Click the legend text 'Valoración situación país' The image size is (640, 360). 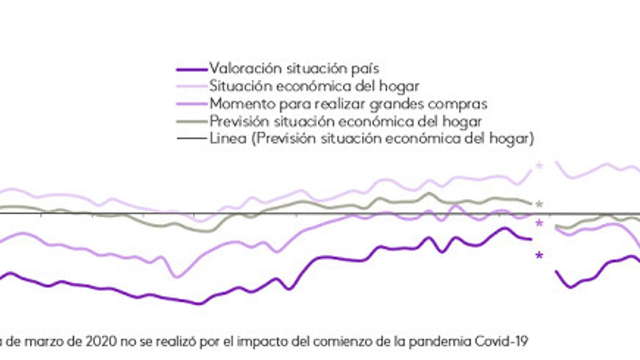point(294,68)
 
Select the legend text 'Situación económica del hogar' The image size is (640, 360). point(314,86)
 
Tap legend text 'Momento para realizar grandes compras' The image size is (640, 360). point(348,104)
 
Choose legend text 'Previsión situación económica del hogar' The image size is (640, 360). point(346,121)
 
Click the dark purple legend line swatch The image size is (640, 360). point(192,69)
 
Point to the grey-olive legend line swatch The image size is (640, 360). point(192,122)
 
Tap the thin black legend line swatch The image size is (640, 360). point(192,139)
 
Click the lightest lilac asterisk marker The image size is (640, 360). point(539,165)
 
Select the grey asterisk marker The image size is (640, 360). point(539,204)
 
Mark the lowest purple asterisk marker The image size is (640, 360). point(539,255)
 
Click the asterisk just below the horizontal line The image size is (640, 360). point(539,223)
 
